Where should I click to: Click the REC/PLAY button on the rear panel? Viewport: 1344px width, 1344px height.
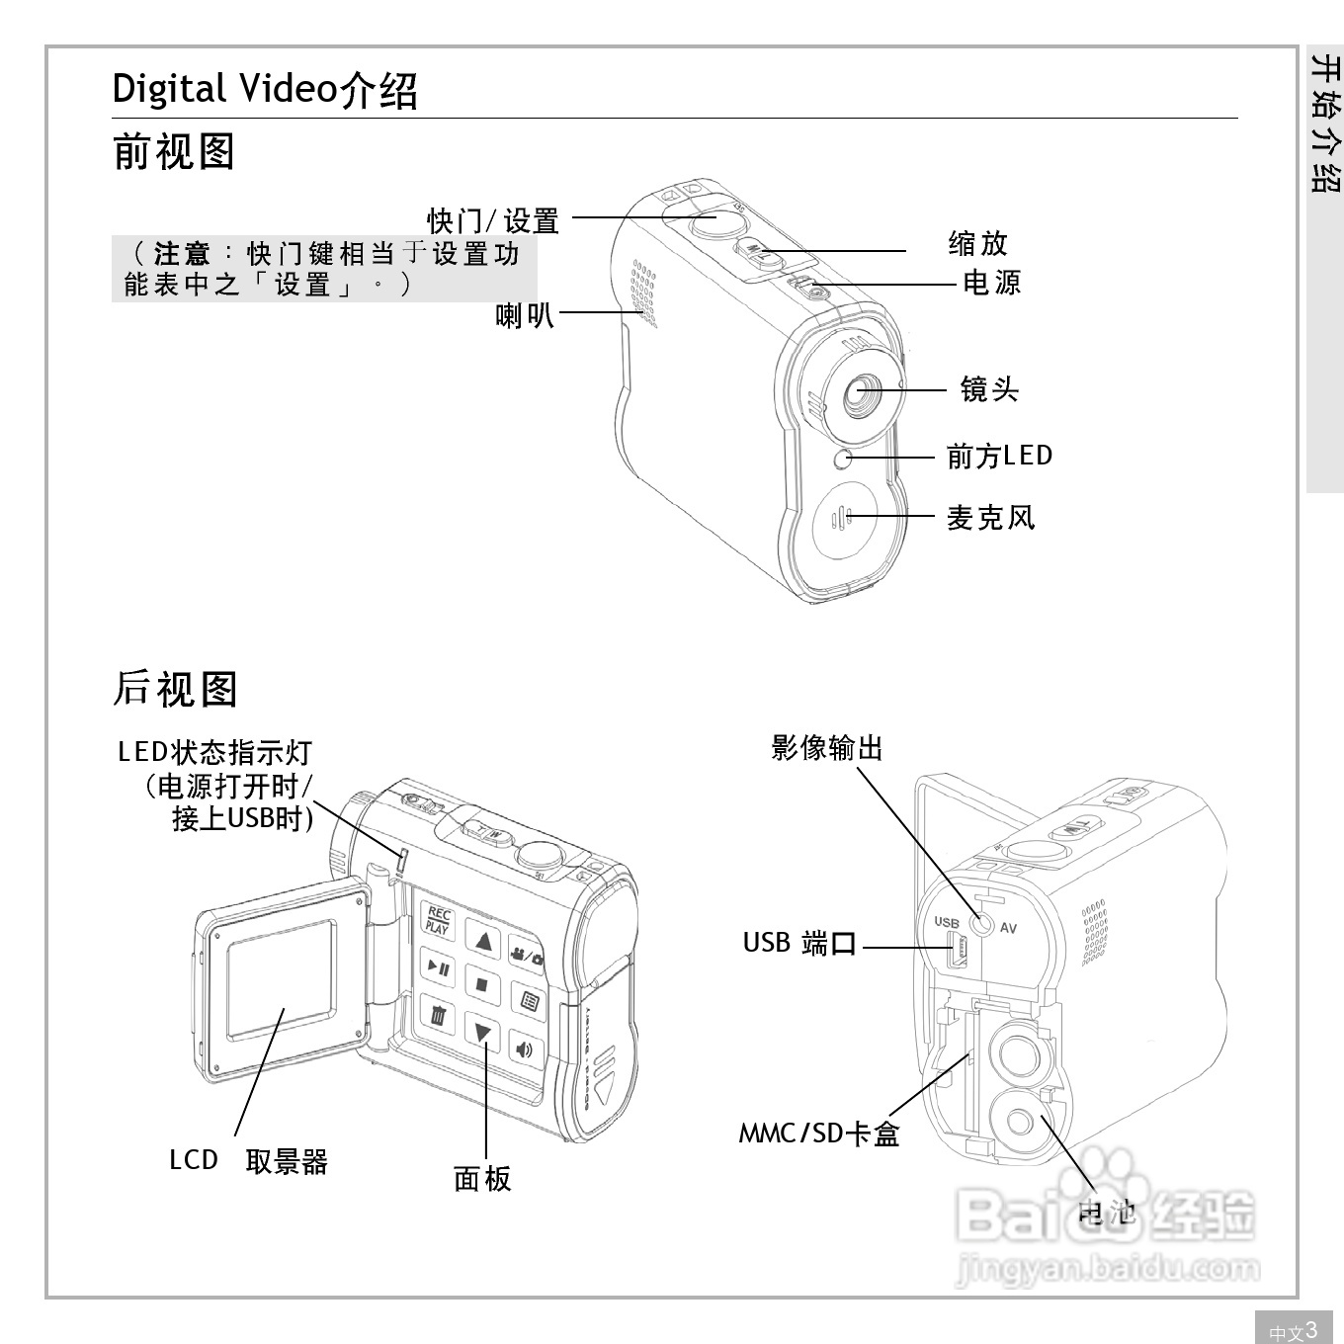pyautogui.click(x=438, y=920)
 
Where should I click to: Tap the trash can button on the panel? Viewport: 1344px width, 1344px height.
pyautogui.click(x=439, y=1014)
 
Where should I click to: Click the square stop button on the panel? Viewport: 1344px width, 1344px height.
pyautogui.click(x=482, y=984)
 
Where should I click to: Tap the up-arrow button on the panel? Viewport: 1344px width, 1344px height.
pyautogui.click(x=482, y=940)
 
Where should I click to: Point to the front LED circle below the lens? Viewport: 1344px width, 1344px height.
pyautogui.click(x=842, y=459)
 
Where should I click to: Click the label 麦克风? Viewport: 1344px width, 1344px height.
pyautogui.click(x=990, y=517)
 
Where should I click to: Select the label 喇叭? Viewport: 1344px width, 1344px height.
pyautogui.click(x=524, y=315)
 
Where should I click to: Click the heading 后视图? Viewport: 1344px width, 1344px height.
pyautogui.click(x=175, y=689)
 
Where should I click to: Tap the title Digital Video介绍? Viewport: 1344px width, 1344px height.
pyautogui.click(x=265, y=90)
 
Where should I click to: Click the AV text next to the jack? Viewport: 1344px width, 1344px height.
pyautogui.click(x=1008, y=928)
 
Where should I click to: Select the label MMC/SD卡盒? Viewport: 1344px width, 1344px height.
pyautogui.click(x=818, y=1134)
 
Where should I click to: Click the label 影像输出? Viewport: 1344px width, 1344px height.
pyautogui.click(x=826, y=748)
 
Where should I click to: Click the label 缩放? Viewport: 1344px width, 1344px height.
pyautogui.click(x=977, y=243)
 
